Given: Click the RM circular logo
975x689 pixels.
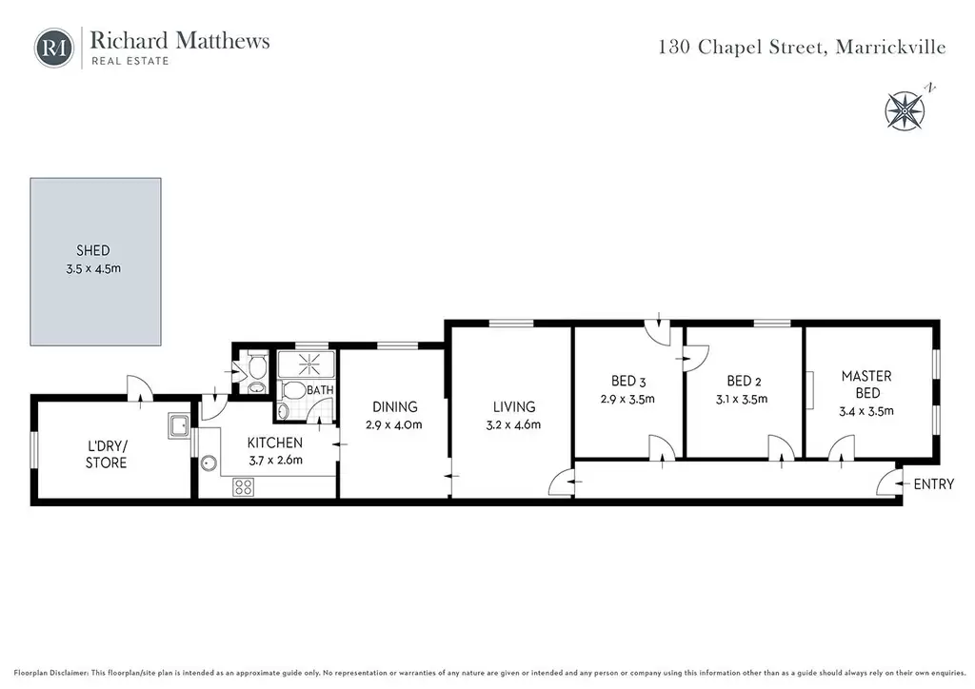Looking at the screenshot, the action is coord(54,48).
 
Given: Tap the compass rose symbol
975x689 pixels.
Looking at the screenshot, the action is coord(905,111).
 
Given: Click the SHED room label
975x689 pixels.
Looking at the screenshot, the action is coord(92,250).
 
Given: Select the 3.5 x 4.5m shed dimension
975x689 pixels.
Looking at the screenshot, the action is coord(93,269).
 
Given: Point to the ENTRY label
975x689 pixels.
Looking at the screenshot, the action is coord(933,484).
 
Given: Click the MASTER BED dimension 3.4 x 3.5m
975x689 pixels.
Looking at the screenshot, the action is coord(866,411).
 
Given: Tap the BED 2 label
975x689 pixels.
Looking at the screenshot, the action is coord(744,381).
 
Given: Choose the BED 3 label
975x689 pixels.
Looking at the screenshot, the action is coord(628,381).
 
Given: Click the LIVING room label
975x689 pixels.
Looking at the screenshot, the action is coord(514,407).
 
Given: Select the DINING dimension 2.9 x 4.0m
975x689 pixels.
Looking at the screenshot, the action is coord(394,425).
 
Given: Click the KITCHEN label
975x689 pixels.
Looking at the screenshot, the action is coord(275,443).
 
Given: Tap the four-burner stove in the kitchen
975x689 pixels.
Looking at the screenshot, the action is coord(243,487).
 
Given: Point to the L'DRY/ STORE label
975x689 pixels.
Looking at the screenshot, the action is coord(107,454).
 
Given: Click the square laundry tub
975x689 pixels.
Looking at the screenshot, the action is coord(179,426).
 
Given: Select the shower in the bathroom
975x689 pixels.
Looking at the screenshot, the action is coord(307,364).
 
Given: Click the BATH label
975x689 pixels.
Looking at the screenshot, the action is coord(320,390).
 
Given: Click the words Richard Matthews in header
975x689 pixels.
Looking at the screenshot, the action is coord(180,40).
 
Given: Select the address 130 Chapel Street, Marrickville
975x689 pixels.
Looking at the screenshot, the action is coord(802,48).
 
